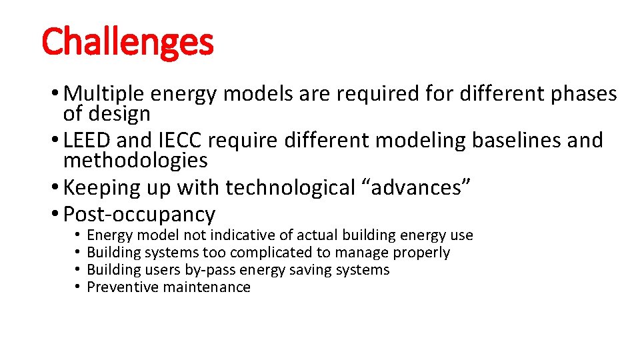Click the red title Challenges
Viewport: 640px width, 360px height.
(127, 41)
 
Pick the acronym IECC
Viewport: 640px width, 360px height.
(177, 141)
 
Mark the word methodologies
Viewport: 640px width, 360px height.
(135, 160)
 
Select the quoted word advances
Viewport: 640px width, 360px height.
(417, 187)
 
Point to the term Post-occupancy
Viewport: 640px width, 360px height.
(139, 214)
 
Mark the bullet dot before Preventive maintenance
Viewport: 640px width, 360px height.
(77, 287)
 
